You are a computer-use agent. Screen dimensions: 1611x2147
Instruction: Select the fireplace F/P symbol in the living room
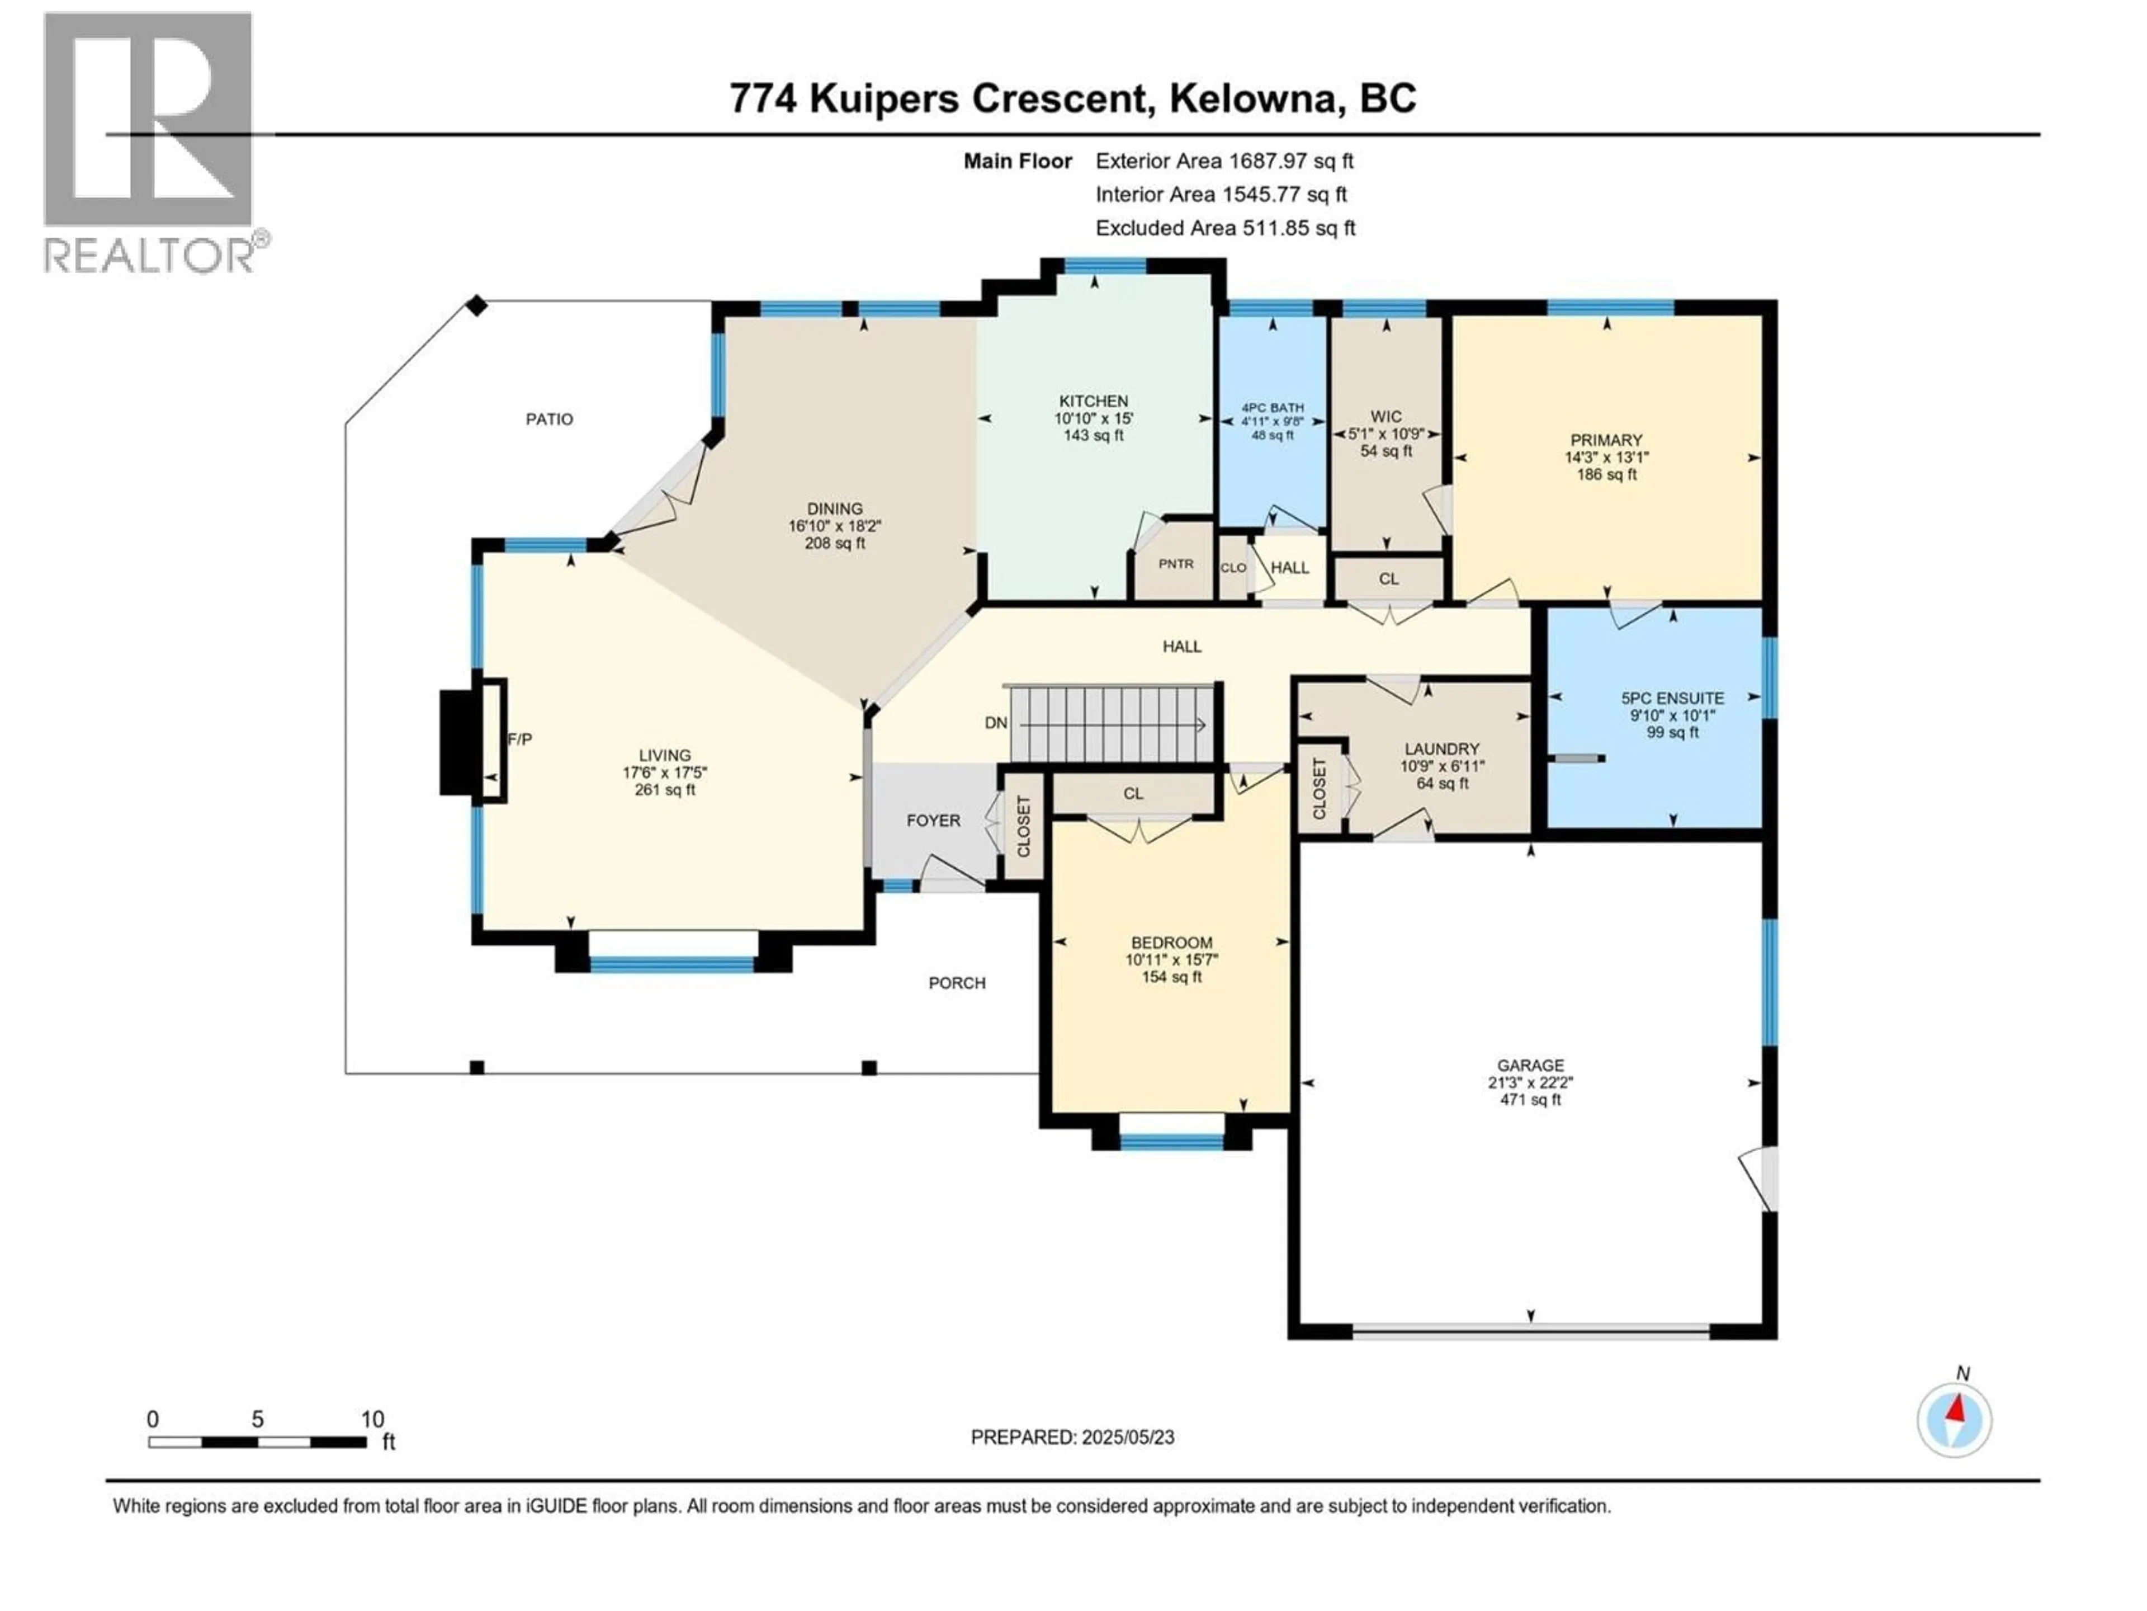pyautogui.click(x=519, y=739)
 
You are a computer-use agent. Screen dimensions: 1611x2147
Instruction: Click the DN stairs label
pyautogui.click(x=996, y=723)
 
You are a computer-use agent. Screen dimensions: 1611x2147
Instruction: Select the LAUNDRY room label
pyautogui.click(x=1441, y=748)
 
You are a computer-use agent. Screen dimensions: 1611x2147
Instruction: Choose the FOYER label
pyautogui.click(x=933, y=821)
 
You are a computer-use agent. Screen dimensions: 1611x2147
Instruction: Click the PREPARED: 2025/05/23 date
pyautogui.click(x=1072, y=1437)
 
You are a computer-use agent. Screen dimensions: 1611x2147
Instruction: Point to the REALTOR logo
pyautogui.click(x=150, y=141)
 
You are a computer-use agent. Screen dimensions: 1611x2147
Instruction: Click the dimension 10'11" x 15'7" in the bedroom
pyautogui.click(x=1171, y=959)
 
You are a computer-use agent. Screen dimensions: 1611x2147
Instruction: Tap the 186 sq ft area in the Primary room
pyautogui.click(x=1606, y=475)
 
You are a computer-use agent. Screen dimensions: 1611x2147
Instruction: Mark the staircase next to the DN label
pyautogui.click(x=1112, y=724)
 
